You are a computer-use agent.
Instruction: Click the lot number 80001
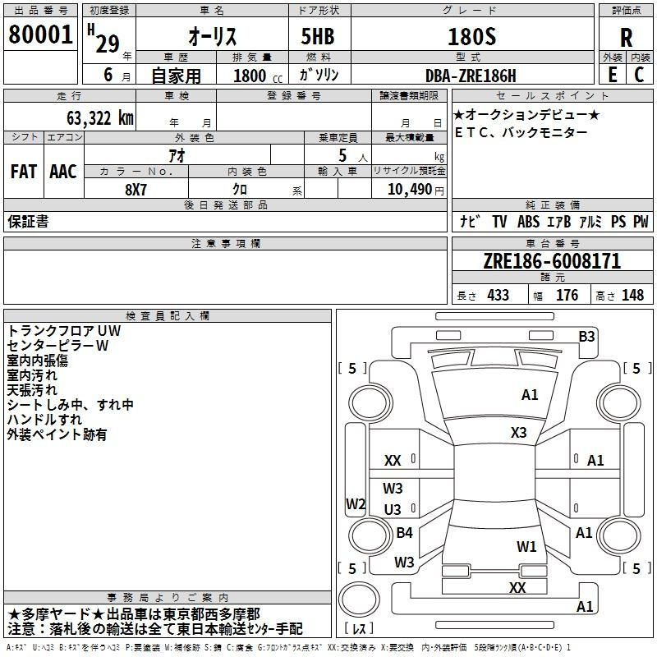point(40,34)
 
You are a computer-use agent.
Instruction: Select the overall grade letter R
point(626,38)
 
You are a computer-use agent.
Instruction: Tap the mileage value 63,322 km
point(100,118)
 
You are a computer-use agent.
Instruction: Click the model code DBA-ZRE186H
point(471,76)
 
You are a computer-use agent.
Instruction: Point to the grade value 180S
point(471,36)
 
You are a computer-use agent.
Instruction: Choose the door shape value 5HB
point(318,36)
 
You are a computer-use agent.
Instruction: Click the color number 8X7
point(136,190)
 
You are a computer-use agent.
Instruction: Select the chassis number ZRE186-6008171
point(552,261)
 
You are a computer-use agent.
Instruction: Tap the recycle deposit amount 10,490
point(410,190)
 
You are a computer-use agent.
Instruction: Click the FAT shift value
point(24,172)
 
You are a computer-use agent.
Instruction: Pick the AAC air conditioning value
point(63,172)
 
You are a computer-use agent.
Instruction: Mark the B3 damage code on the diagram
point(586,337)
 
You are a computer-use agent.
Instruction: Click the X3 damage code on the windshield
point(518,433)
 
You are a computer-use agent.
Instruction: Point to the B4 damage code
point(404,532)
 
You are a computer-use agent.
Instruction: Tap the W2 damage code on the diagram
point(356,503)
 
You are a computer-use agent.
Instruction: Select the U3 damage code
point(393,509)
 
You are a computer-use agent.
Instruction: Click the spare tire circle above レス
point(359,600)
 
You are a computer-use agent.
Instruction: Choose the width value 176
point(567,295)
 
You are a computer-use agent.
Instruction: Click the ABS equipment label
point(528,222)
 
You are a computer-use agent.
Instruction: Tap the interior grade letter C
point(639,75)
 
